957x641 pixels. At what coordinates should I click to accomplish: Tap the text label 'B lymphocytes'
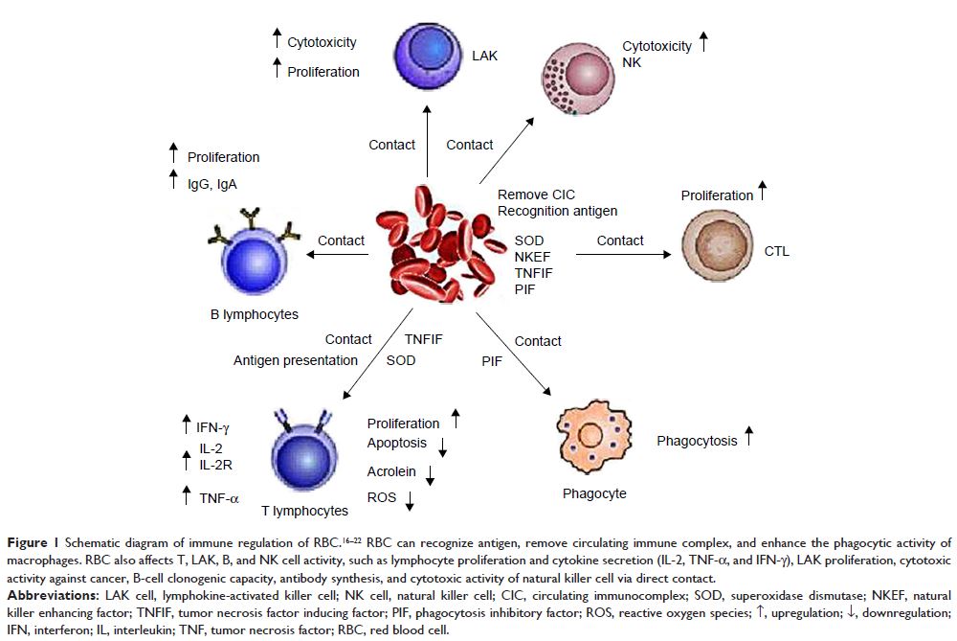tap(254, 313)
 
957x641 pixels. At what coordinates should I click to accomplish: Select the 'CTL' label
tap(777, 252)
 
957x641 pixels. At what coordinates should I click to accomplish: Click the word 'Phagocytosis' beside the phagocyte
tap(697, 441)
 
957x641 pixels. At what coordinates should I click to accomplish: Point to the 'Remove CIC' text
tap(536, 195)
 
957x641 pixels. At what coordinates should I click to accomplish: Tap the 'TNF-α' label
tap(219, 498)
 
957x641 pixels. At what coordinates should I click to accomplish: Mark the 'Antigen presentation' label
tap(296, 360)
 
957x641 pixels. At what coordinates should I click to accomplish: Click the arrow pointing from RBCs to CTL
tap(622, 255)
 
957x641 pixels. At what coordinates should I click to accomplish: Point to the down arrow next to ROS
tap(410, 500)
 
